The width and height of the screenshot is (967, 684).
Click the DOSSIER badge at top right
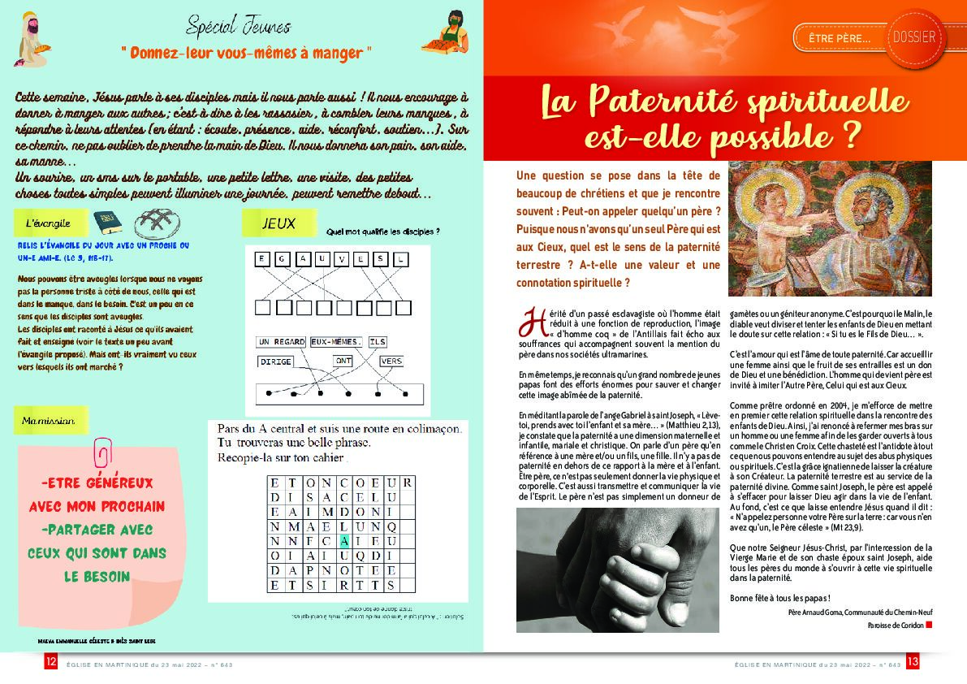917,37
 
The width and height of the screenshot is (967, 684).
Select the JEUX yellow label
278,223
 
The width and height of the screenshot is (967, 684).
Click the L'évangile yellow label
49,222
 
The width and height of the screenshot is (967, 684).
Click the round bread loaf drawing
156,221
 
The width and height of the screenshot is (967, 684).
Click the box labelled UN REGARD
281,342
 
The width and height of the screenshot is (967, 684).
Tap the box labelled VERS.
391,361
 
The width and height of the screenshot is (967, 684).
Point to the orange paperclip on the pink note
104,452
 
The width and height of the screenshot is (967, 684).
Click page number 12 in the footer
50,662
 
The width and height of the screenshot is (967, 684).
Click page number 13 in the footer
912,662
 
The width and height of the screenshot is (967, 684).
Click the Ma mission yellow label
50,421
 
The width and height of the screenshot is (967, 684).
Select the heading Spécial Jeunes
238,27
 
